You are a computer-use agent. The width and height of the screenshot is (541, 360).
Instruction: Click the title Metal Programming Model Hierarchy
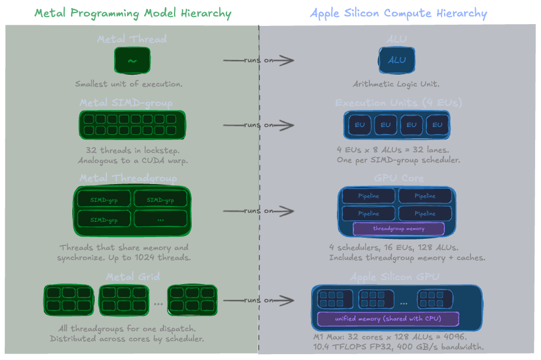click(x=132, y=13)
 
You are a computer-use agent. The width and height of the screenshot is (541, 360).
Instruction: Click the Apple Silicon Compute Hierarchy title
click(x=398, y=13)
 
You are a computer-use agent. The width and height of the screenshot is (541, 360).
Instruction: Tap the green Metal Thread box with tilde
click(x=132, y=61)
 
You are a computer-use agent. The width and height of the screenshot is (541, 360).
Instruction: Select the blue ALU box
click(x=397, y=60)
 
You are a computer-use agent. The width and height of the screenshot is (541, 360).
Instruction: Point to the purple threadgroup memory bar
click(x=399, y=228)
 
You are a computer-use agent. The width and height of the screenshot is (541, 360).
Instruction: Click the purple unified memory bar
click(x=388, y=319)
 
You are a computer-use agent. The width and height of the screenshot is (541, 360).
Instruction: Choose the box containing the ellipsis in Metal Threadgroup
click(x=161, y=219)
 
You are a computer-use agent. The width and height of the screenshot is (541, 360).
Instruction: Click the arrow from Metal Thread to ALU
click(x=259, y=60)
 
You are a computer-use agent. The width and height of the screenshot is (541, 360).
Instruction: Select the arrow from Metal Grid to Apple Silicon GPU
click(x=259, y=301)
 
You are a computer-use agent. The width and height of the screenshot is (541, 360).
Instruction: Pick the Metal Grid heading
click(x=132, y=276)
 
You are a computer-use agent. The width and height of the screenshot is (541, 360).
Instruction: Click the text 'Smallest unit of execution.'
click(x=129, y=84)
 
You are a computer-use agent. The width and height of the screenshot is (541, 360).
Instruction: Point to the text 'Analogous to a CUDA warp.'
click(x=129, y=161)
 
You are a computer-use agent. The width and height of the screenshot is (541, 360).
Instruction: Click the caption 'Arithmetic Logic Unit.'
click(x=396, y=84)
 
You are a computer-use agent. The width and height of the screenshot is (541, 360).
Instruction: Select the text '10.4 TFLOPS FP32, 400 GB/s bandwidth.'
click(x=399, y=347)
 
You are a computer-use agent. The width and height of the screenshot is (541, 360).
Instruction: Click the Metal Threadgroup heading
click(x=128, y=178)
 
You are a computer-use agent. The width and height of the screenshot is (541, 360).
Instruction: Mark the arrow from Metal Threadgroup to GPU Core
click(x=259, y=211)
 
